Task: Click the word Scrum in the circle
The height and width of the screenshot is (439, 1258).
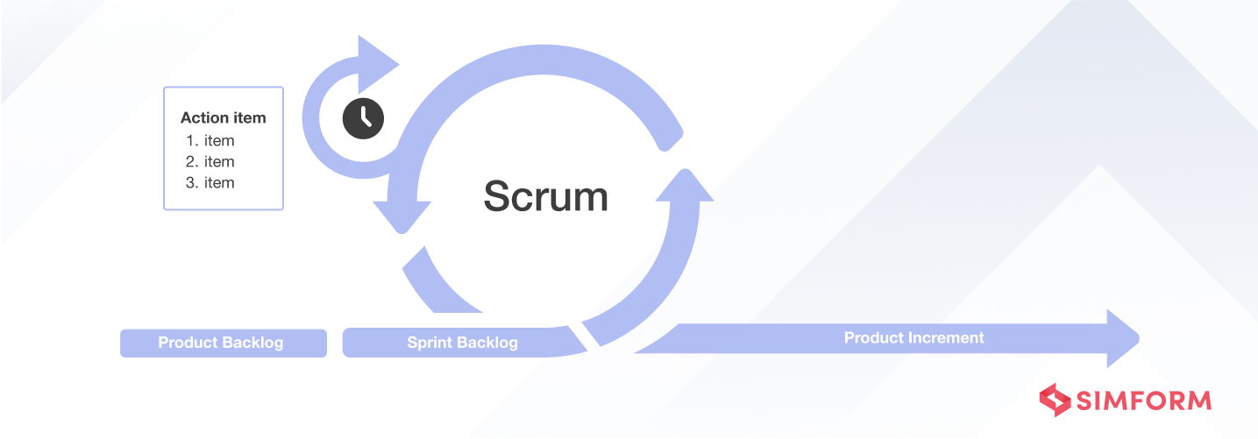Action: (545, 196)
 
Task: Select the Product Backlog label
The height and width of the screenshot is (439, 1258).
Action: (221, 343)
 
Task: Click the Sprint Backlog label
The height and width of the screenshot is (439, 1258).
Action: (462, 343)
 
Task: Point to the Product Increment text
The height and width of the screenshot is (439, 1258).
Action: (913, 337)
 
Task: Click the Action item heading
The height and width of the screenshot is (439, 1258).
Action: (223, 117)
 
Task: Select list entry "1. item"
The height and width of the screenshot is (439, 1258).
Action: (210, 140)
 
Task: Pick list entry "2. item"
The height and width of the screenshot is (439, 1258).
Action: (210, 161)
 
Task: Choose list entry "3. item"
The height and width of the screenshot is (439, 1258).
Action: (210, 182)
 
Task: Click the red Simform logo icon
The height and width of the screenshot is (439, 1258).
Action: (1055, 400)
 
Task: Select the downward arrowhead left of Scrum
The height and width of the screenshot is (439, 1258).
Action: (402, 215)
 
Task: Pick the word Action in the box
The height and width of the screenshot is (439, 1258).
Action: (201, 117)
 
